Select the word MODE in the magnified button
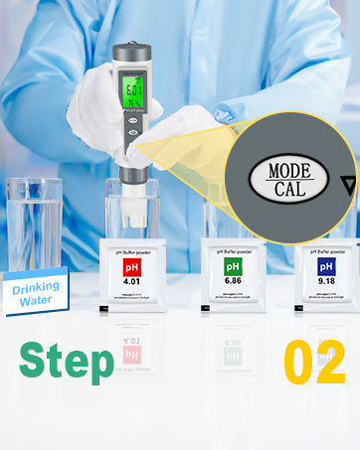pos(289,171)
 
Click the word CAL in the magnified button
pos(288,189)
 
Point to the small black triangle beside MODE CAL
pos(346,183)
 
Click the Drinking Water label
pos(37,289)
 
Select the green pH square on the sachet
pos(233,268)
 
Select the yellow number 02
pos(314,363)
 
